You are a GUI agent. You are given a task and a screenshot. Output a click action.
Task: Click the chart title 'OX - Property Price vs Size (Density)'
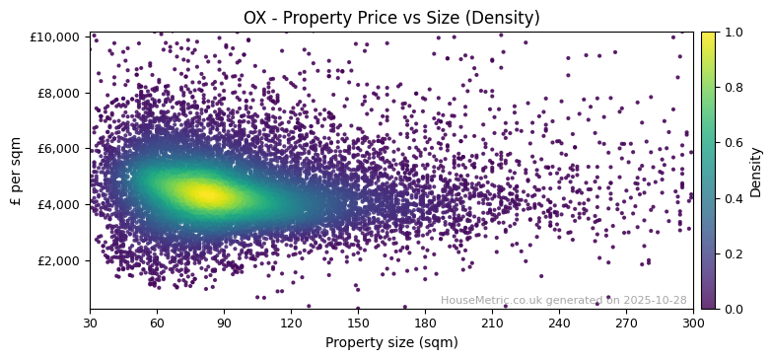coord(391,18)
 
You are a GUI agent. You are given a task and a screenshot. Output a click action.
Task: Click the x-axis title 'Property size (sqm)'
coord(391,343)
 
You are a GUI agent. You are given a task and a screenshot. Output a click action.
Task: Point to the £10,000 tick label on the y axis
coord(56,37)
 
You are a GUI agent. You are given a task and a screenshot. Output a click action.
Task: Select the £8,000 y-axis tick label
coord(59,93)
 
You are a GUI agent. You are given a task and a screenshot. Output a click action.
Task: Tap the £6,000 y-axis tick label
coord(59,149)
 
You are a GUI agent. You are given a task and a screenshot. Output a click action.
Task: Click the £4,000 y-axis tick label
coord(59,205)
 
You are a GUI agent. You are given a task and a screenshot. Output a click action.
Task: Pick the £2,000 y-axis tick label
coord(59,260)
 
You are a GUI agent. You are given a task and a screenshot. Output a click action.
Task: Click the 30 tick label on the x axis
coord(90,323)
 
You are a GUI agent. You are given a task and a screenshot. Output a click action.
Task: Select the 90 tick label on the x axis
coord(224,323)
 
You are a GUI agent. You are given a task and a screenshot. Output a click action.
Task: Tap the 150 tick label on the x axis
coord(358,323)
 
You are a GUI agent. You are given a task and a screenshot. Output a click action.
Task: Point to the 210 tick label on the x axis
coord(492,323)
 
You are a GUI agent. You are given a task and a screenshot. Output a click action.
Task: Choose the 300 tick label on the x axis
coord(693,323)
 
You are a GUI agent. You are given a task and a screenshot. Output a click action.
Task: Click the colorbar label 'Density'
coord(756,171)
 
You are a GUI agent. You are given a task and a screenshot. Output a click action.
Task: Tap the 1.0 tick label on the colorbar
coord(735,33)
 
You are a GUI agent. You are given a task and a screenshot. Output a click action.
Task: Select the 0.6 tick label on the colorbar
coord(735,143)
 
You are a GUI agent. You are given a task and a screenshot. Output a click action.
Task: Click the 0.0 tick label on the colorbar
coord(735,309)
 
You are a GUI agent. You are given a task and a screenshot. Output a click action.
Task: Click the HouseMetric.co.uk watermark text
coord(563,301)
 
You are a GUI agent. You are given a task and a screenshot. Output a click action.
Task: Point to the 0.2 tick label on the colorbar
coord(735,253)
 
